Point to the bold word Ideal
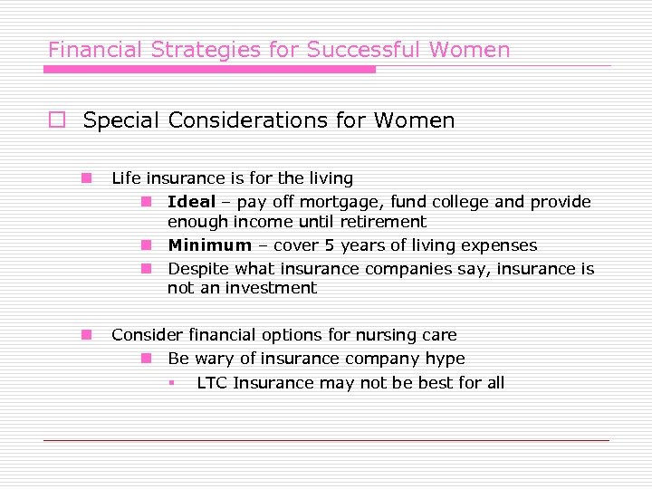[x=191, y=202]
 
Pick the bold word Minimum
[x=209, y=245]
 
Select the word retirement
[x=383, y=222]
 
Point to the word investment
[x=273, y=289]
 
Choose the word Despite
[x=198, y=269]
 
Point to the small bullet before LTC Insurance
[x=171, y=382]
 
